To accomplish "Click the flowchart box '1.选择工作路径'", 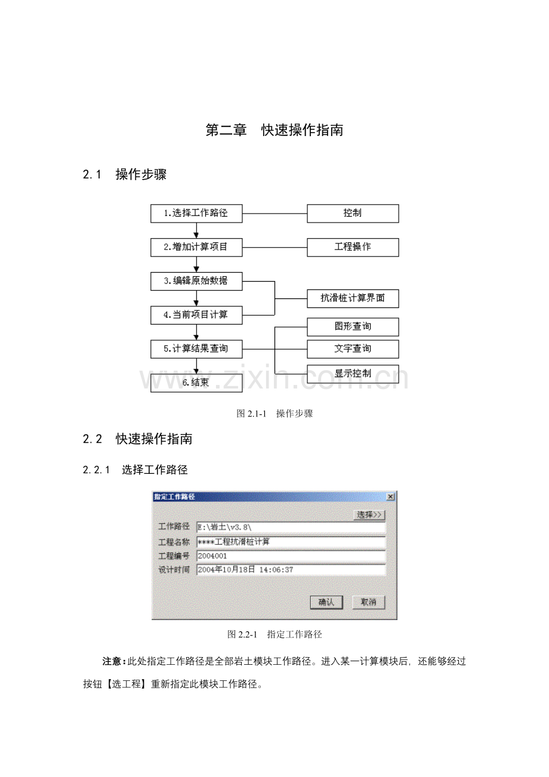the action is click(x=196, y=213).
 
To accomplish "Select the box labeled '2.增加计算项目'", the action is click(x=196, y=247).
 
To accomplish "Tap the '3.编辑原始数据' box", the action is click(x=196, y=281).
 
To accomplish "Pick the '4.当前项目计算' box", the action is click(x=196, y=315).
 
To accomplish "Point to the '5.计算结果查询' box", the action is click(x=196, y=349).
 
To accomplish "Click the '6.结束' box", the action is click(x=196, y=383).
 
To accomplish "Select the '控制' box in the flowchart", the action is click(x=353, y=213).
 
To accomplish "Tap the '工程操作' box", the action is click(x=353, y=247).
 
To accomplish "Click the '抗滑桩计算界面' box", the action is click(x=353, y=298).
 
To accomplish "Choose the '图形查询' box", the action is click(x=353, y=327).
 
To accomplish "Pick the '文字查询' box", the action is click(x=353, y=349).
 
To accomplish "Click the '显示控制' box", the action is click(x=353, y=374).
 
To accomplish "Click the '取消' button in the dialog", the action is click(x=368, y=602).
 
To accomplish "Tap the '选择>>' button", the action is click(x=369, y=515).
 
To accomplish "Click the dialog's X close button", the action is click(x=390, y=497).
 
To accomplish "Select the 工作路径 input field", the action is click(x=291, y=528).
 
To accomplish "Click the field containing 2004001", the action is click(x=291, y=556).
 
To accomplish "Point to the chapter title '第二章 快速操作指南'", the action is click(x=274, y=130).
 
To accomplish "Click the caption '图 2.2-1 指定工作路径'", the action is click(x=274, y=634).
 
